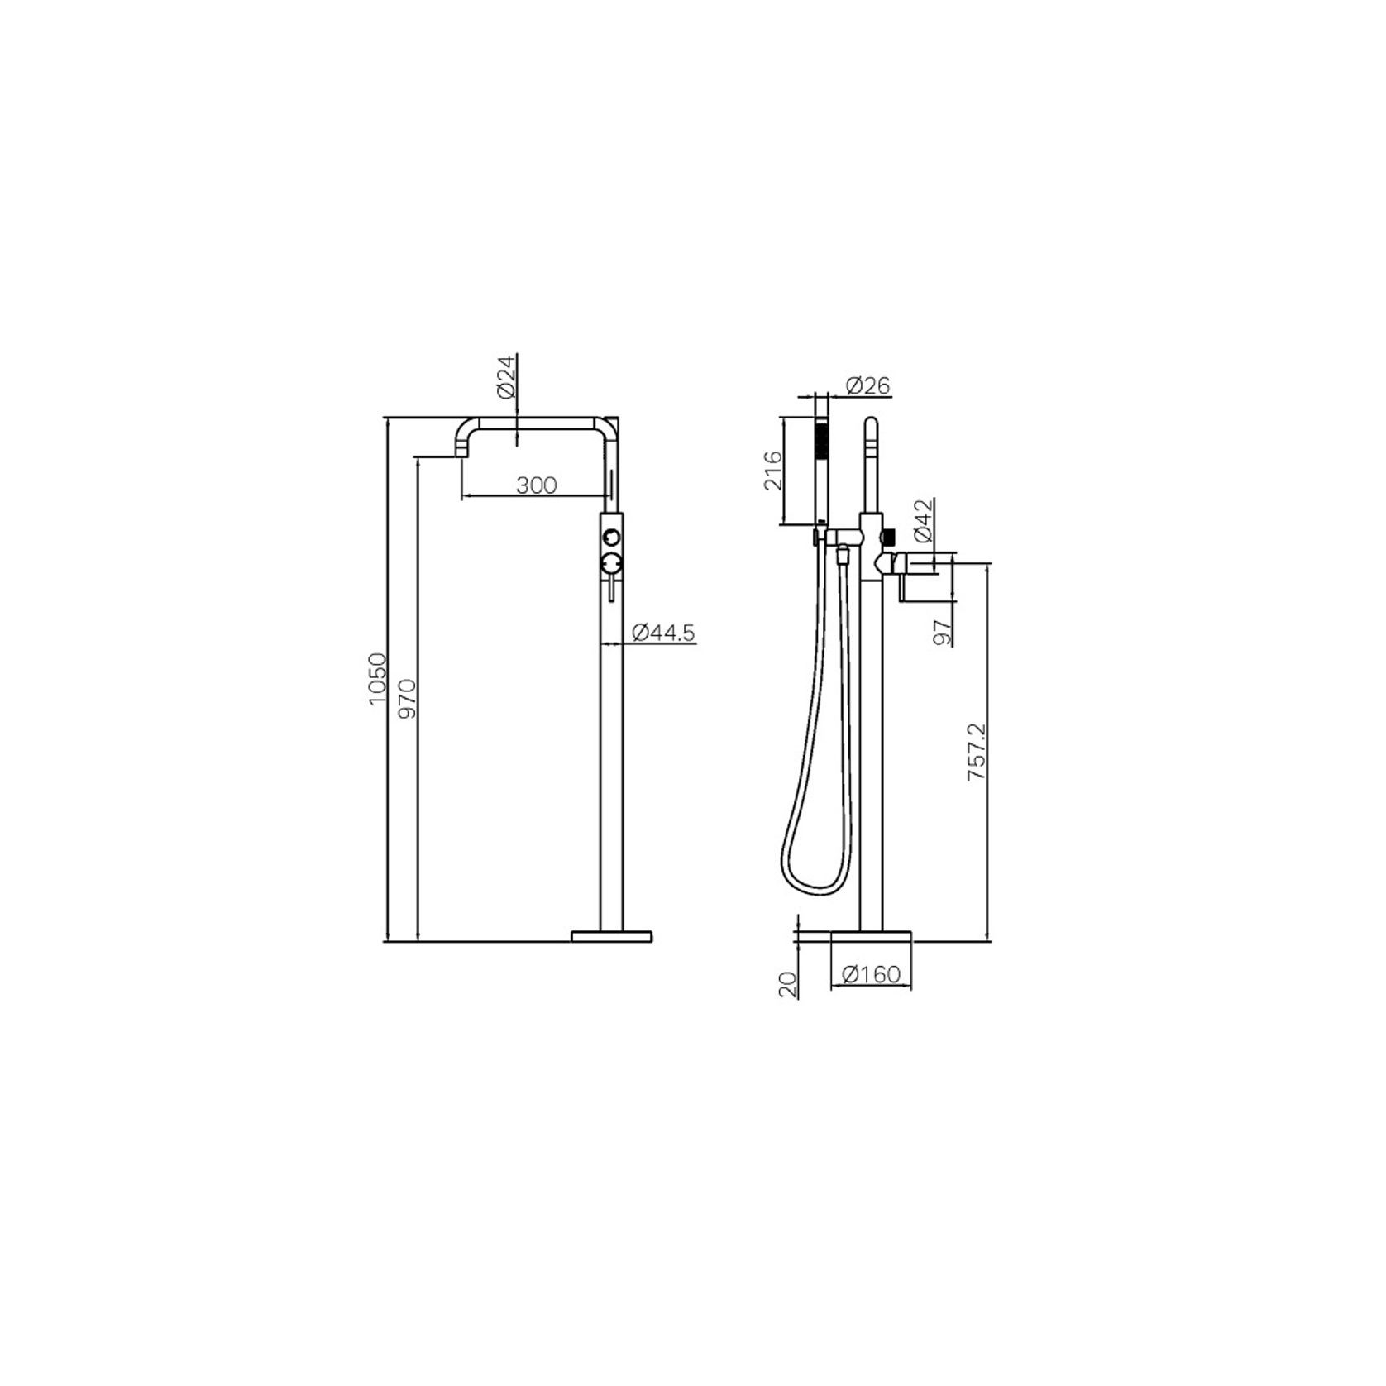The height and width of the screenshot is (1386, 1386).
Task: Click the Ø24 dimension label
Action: click(x=508, y=378)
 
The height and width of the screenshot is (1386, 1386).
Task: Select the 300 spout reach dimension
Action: click(x=537, y=485)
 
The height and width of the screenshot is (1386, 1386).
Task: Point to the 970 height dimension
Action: click(x=408, y=699)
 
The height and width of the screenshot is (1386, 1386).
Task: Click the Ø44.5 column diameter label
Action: click(x=663, y=633)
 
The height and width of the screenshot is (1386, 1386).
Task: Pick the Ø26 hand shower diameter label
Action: click(x=867, y=385)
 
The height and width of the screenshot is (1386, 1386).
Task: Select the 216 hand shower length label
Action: click(x=772, y=471)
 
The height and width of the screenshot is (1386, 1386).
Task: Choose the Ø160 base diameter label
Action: click(x=871, y=975)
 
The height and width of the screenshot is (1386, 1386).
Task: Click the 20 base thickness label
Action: click(x=787, y=983)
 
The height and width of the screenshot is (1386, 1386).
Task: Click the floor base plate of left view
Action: click(x=612, y=936)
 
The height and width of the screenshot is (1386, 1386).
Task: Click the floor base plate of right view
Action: click(x=871, y=936)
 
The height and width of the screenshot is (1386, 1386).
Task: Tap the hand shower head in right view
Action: click(x=822, y=438)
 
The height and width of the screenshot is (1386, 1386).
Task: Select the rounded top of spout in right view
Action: click(x=872, y=423)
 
